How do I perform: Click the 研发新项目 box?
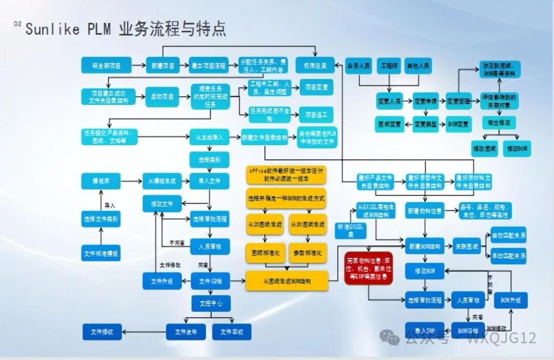106,65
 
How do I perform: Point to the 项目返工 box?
316,114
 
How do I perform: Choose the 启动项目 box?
163,96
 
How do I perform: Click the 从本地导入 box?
210,137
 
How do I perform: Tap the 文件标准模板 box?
101,253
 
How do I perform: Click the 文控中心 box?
211,303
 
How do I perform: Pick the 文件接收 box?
102,332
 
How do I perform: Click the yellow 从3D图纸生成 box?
307,225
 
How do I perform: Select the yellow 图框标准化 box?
265,253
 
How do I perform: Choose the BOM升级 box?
511,300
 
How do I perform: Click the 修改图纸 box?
484,148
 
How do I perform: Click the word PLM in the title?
98,29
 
